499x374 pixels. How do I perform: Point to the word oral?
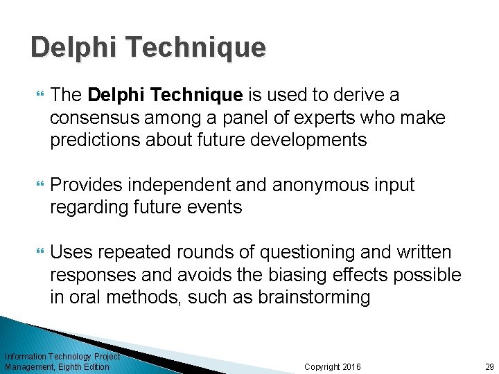(x=84, y=297)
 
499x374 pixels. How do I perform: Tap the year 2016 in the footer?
(x=351, y=366)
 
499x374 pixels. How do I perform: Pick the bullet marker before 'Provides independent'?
(x=38, y=186)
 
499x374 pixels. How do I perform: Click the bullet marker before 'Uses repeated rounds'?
(x=38, y=253)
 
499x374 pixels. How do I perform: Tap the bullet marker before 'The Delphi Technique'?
(x=38, y=96)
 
